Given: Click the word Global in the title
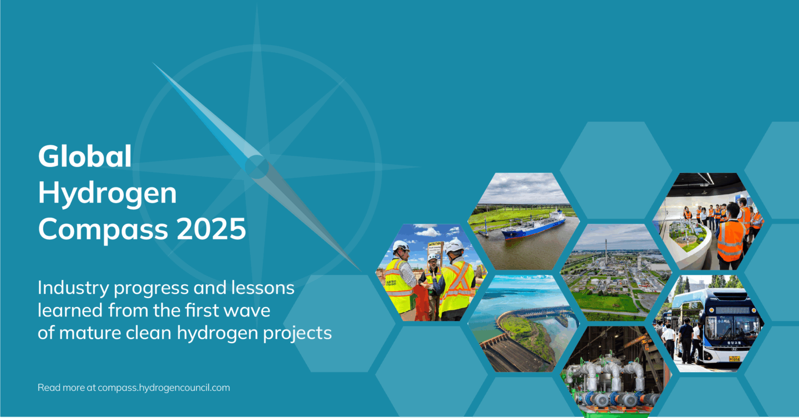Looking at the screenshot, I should click(85, 156).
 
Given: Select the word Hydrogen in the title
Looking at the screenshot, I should click(107, 194).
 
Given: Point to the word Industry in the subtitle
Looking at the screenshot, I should click(73, 288).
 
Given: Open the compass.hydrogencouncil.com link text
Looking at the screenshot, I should click(163, 388).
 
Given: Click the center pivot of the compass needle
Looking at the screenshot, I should click(256, 167).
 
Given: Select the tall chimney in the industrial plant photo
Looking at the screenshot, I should click(605, 250).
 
